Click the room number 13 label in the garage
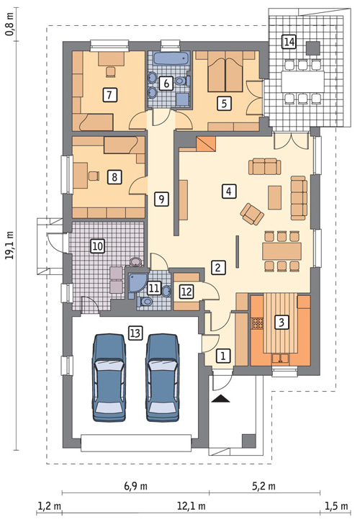click(x=135, y=333)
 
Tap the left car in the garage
click(x=109, y=377)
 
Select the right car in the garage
click(x=163, y=377)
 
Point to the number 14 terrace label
click(x=289, y=42)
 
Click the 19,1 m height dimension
click(x=11, y=245)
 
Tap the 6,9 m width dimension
click(x=135, y=486)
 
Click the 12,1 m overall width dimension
click(x=192, y=506)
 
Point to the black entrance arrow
click(x=220, y=398)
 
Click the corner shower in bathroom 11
click(x=135, y=282)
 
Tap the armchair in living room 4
click(x=252, y=214)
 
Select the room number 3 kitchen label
click(x=282, y=323)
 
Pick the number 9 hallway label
click(x=161, y=199)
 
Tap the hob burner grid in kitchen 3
click(x=257, y=323)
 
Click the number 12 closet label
click(x=186, y=292)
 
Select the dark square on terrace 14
click(x=313, y=48)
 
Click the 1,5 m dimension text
click(x=336, y=506)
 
